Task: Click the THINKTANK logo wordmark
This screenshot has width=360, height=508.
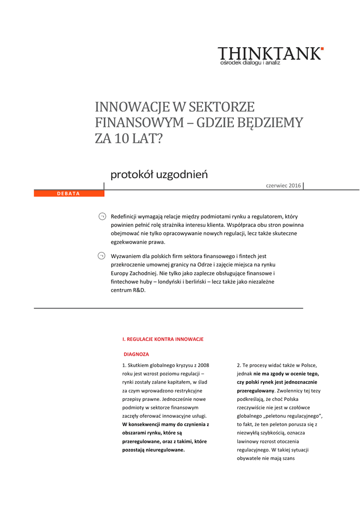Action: (x=270, y=54)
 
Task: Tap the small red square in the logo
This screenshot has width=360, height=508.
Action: (x=322, y=49)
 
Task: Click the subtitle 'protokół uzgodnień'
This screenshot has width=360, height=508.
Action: (x=158, y=175)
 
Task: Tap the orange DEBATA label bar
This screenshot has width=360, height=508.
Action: (x=69, y=193)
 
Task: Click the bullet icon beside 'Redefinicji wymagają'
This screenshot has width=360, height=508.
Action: (x=101, y=216)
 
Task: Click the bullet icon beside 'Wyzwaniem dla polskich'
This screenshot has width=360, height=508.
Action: (x=101, y=256)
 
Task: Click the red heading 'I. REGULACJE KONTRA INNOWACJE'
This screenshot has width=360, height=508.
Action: (x=163, y=339)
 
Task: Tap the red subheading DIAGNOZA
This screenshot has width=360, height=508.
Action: (x=136, y=354)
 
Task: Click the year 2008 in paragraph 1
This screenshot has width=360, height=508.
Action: (x=202, y=365)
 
